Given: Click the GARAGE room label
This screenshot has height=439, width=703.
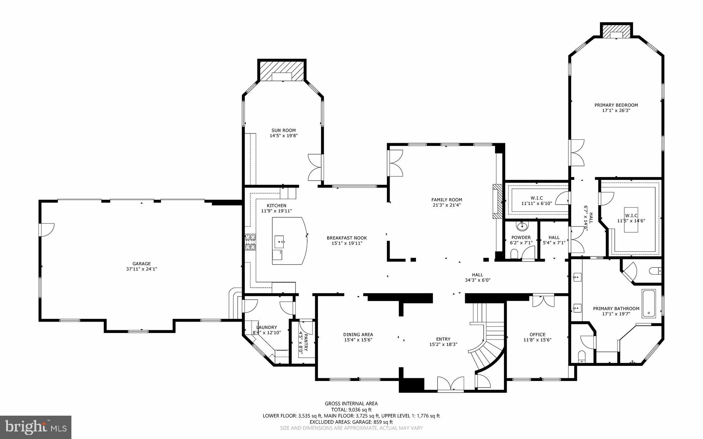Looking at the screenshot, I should (141, 264).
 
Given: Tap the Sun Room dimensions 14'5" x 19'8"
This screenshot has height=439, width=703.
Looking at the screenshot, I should (283, 136).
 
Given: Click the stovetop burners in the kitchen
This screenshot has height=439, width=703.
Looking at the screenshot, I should (250, 242).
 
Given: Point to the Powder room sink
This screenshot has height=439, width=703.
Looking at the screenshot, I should (522, 226).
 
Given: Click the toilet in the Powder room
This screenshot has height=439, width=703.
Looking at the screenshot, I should (514, 254).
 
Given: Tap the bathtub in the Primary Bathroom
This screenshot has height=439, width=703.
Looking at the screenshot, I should (648, 303).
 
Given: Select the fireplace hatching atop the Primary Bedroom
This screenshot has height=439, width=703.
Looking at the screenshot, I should (616, 31).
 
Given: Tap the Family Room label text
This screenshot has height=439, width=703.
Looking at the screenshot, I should (447, 200).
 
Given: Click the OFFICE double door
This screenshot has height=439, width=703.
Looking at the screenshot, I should (543, 301).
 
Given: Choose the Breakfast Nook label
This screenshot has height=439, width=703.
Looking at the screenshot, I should (347, 238).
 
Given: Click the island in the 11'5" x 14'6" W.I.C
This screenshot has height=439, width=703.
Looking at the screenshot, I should (631, 215).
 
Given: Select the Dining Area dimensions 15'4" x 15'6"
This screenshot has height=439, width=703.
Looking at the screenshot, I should (358, 340).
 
